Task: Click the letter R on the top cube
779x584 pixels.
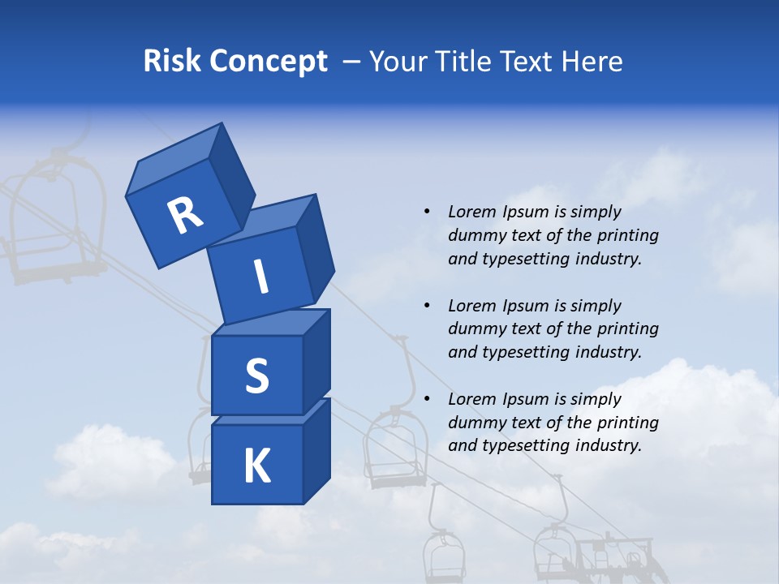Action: click(x=185, y=216)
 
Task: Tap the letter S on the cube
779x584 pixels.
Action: click(x=256, y=376)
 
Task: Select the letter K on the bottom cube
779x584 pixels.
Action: click(x=256, y=466)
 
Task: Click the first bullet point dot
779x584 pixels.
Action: click(x=427, y=212)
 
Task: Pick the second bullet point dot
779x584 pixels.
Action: click(x=427, y=306)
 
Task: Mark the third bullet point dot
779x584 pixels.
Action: click(x=427, y=399)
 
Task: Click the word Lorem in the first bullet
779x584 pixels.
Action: click(x=471, y=212)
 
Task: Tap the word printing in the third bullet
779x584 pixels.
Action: click(x=627, y=423)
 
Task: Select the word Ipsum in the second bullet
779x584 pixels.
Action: click(x=524, y=306)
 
